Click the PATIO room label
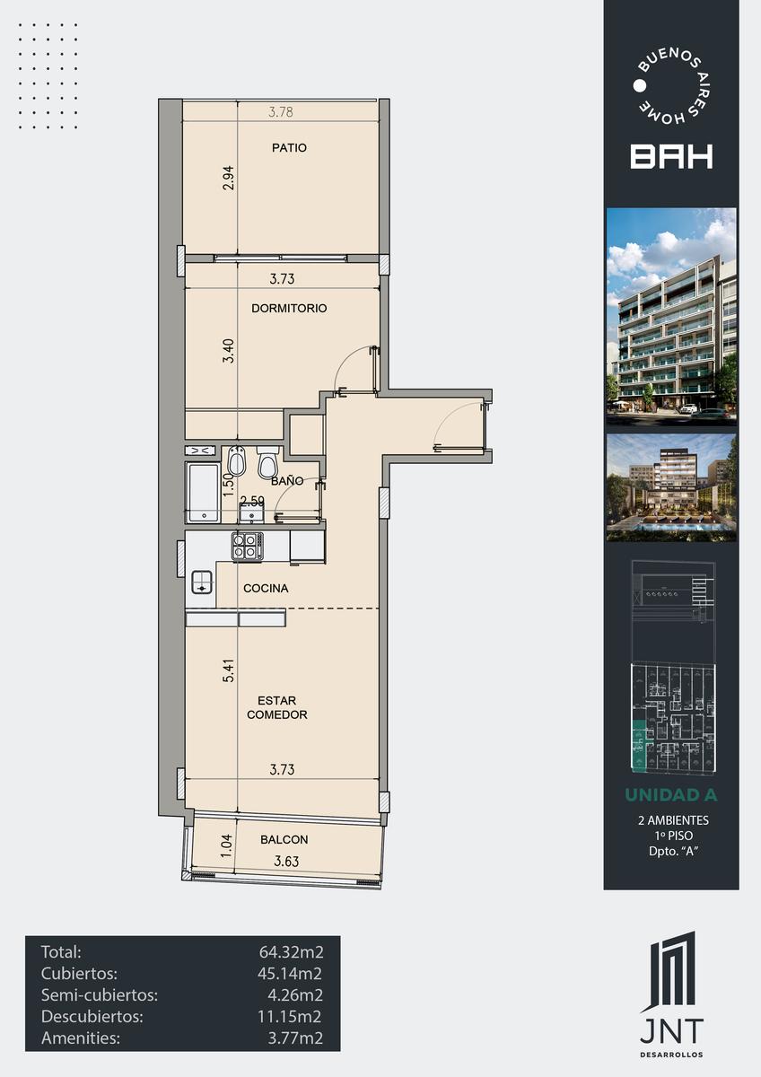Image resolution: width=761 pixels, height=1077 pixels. [x=289, y=147]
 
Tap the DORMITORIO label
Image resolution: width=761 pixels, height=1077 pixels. [x=289, y=308]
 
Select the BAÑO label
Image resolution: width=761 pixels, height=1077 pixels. [x=287, y=480]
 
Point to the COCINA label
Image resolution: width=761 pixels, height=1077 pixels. [x=266, y=588]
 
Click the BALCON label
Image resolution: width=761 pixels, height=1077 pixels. [x=284, y=839]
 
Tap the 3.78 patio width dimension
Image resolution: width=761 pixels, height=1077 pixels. [x=281, y=112]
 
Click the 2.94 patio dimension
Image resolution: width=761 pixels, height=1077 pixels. [x=229, y=178]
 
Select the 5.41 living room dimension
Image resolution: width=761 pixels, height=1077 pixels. [x=229, y=670]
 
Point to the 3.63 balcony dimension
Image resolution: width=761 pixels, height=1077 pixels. [x=286, y=861]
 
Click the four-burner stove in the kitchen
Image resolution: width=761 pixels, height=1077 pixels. [x=248, y=547]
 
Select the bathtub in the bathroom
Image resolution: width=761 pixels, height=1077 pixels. [x=204, y=493]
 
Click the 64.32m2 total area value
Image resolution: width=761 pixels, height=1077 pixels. [x=292, y=951]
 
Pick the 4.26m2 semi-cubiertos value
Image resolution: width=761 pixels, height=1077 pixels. [x=295, y=994]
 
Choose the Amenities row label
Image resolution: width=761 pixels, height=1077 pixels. [x=81, y=1038]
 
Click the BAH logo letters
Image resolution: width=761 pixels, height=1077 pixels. [x=671, y=157]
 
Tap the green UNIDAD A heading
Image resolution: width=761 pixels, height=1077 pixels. [x=671, y=795]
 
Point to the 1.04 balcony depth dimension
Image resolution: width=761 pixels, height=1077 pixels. [x=226, y=845]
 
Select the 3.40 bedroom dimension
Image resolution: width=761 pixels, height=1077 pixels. [x=229, y=351]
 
